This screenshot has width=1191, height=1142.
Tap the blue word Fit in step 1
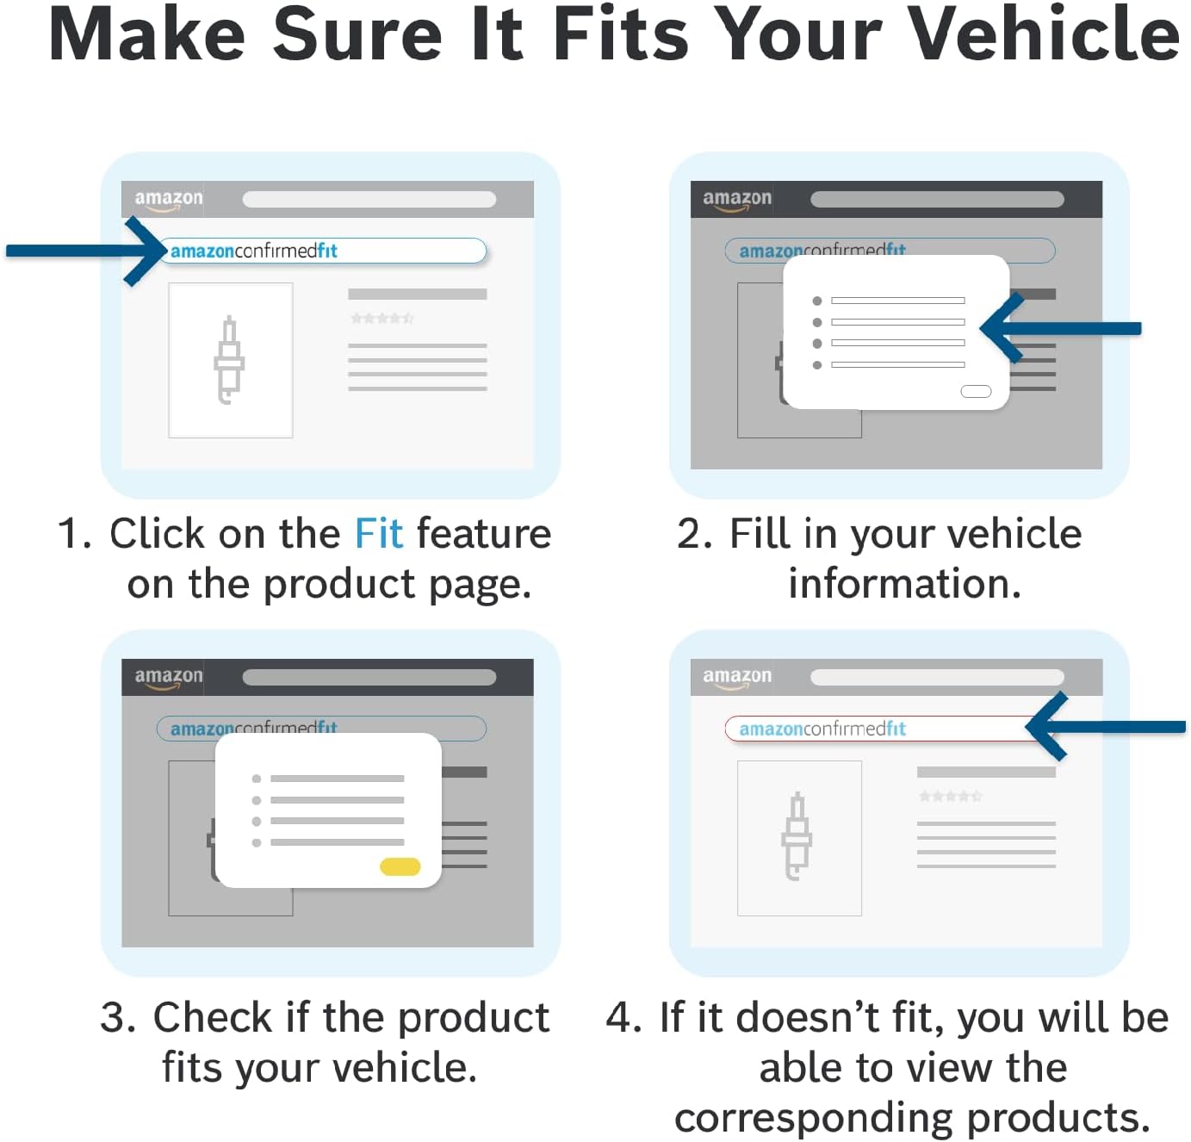(379, 533)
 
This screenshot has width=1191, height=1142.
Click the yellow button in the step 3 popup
(400, 866)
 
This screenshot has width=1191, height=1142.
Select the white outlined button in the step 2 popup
(976, 391)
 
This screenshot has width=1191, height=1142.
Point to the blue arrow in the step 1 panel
(85, 251)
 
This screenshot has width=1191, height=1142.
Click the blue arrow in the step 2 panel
(1060, 328)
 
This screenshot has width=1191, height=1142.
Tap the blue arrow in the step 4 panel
(1105, 726)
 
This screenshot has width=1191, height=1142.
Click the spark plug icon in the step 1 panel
(229, 360)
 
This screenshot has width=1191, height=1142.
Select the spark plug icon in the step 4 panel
(797, 836)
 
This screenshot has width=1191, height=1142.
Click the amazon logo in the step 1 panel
(168, 200)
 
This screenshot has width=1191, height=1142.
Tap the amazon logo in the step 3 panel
(168, 678)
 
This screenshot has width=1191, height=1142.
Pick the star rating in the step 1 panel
(381, 319)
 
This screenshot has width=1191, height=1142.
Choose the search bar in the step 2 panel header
(937, 200)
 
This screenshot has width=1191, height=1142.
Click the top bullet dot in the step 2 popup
(817, 301)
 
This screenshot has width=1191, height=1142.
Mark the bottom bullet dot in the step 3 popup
(257, 843)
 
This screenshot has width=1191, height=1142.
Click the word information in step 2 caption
(904, 583)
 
